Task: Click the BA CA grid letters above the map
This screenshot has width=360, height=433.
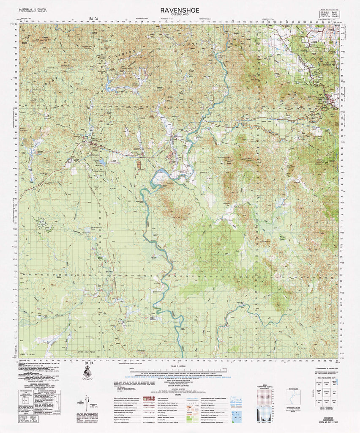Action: click(x=93, y=19)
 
